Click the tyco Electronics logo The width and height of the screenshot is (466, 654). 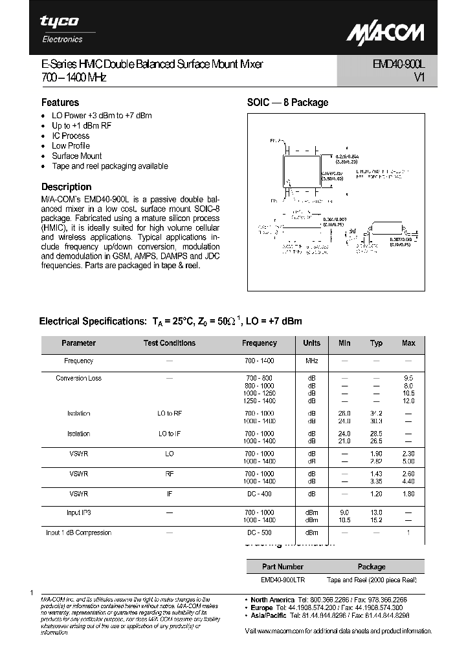point(60,28)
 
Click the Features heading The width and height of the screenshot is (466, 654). point(60,102)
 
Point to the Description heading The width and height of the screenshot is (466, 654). point(66,187)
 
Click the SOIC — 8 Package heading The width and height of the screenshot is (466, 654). point(287,102)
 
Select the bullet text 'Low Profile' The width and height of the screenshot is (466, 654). point(71,146)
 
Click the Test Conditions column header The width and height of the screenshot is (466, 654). point(169,343)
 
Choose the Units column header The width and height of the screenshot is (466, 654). point(312,343)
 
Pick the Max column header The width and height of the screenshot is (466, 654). point(408,343)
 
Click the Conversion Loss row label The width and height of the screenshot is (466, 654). point(78,378)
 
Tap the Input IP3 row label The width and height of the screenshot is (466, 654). point(78,512)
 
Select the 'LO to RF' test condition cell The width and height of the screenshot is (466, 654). point(170,414)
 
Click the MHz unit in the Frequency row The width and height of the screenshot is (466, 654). point(312,361)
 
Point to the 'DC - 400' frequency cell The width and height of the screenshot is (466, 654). point(260,492)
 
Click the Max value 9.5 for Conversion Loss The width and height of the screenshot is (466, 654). point(408,378)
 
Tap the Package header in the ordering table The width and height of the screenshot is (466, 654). point(371,566)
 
